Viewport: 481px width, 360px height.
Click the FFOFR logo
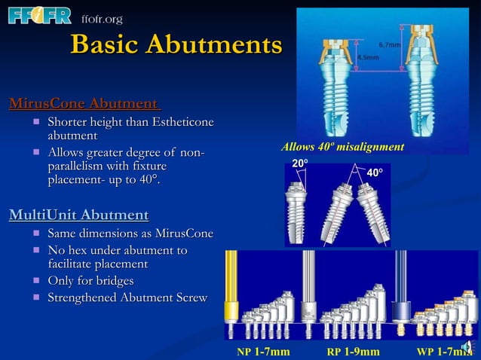[39, 17]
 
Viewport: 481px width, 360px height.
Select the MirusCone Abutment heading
[84, 103]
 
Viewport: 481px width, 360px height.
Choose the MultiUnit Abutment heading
[78, 216]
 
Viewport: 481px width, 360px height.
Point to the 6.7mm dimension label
[390, 44]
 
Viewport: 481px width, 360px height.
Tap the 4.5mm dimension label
[368, 56]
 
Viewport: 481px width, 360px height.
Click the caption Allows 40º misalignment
[342, 146]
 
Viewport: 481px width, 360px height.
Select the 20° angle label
[300, 162]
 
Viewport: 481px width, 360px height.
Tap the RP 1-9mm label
[352, 351]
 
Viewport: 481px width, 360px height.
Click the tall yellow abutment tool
[231, 294]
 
